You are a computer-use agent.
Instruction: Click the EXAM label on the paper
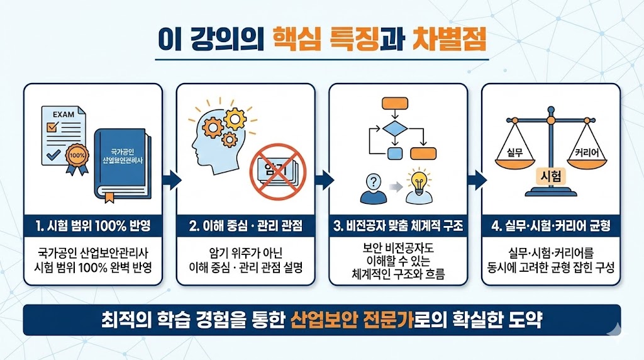click(x=64, y=115)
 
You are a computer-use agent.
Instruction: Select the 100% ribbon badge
click(x=77, y=155)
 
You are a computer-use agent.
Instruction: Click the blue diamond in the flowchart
click(x=394, y=130)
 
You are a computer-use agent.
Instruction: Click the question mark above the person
click(x=375, y=183)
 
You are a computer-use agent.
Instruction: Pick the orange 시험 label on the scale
click(x=550, y=177)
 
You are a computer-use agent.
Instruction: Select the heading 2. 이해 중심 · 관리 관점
click(x=245, y=225)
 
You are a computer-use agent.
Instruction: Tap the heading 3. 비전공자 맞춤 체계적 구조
click(x=398, y=225)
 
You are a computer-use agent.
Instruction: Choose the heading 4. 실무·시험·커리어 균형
click(x=551, y=225)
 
